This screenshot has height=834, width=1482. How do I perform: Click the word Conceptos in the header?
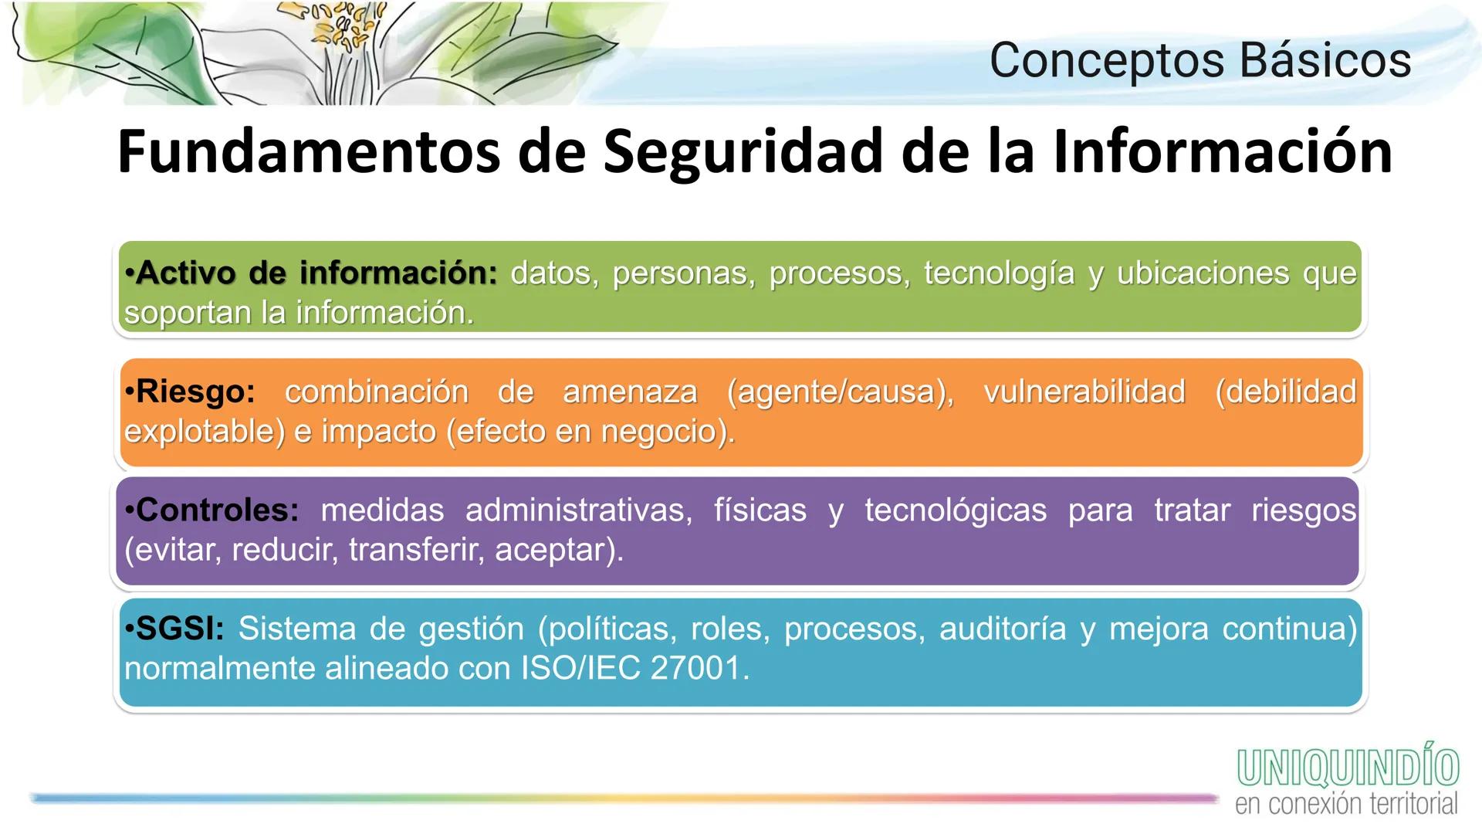pos(1107,60)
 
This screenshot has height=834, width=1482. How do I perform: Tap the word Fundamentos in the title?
pos(309,151)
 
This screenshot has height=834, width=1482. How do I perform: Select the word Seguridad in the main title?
pos(742,151)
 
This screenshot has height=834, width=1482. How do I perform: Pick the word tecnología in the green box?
pos(999,273)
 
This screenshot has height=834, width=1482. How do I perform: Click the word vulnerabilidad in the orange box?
pos(1084,392)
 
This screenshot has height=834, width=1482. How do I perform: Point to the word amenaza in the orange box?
pos(630,392)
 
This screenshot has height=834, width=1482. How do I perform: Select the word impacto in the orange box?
pos(378,431)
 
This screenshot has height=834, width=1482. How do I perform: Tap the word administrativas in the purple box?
pos(579,510)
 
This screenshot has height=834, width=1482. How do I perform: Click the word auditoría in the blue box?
pos(1002,629)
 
